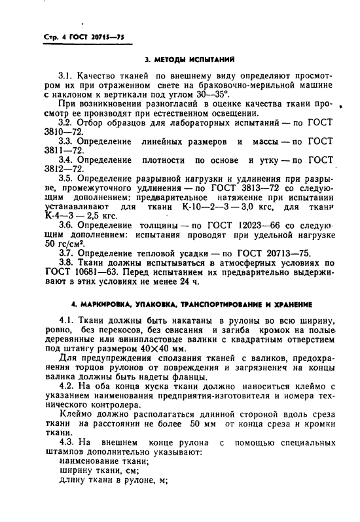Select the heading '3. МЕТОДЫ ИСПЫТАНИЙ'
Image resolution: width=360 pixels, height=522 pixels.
[180, 60]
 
